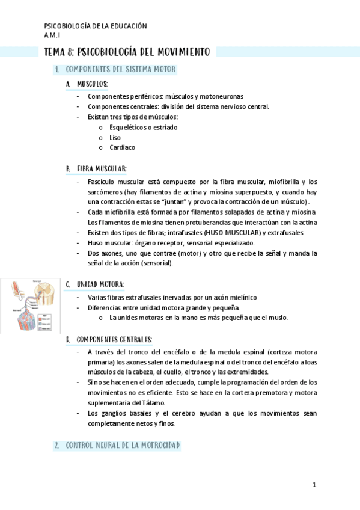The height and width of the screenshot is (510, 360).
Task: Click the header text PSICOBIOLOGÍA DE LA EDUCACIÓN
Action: point(96,26)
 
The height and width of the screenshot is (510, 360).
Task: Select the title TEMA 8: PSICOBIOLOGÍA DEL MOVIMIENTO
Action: point(127,52)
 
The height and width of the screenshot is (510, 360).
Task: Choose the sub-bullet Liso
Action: point(115,138)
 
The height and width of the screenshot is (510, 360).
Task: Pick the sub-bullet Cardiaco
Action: point(122,147)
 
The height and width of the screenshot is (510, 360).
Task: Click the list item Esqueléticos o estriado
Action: point(143,127)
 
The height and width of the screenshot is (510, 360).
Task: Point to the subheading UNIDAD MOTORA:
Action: point(100,284)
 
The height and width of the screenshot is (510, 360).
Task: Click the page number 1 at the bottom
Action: point(314,485)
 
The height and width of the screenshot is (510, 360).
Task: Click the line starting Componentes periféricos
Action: point(165,96)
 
